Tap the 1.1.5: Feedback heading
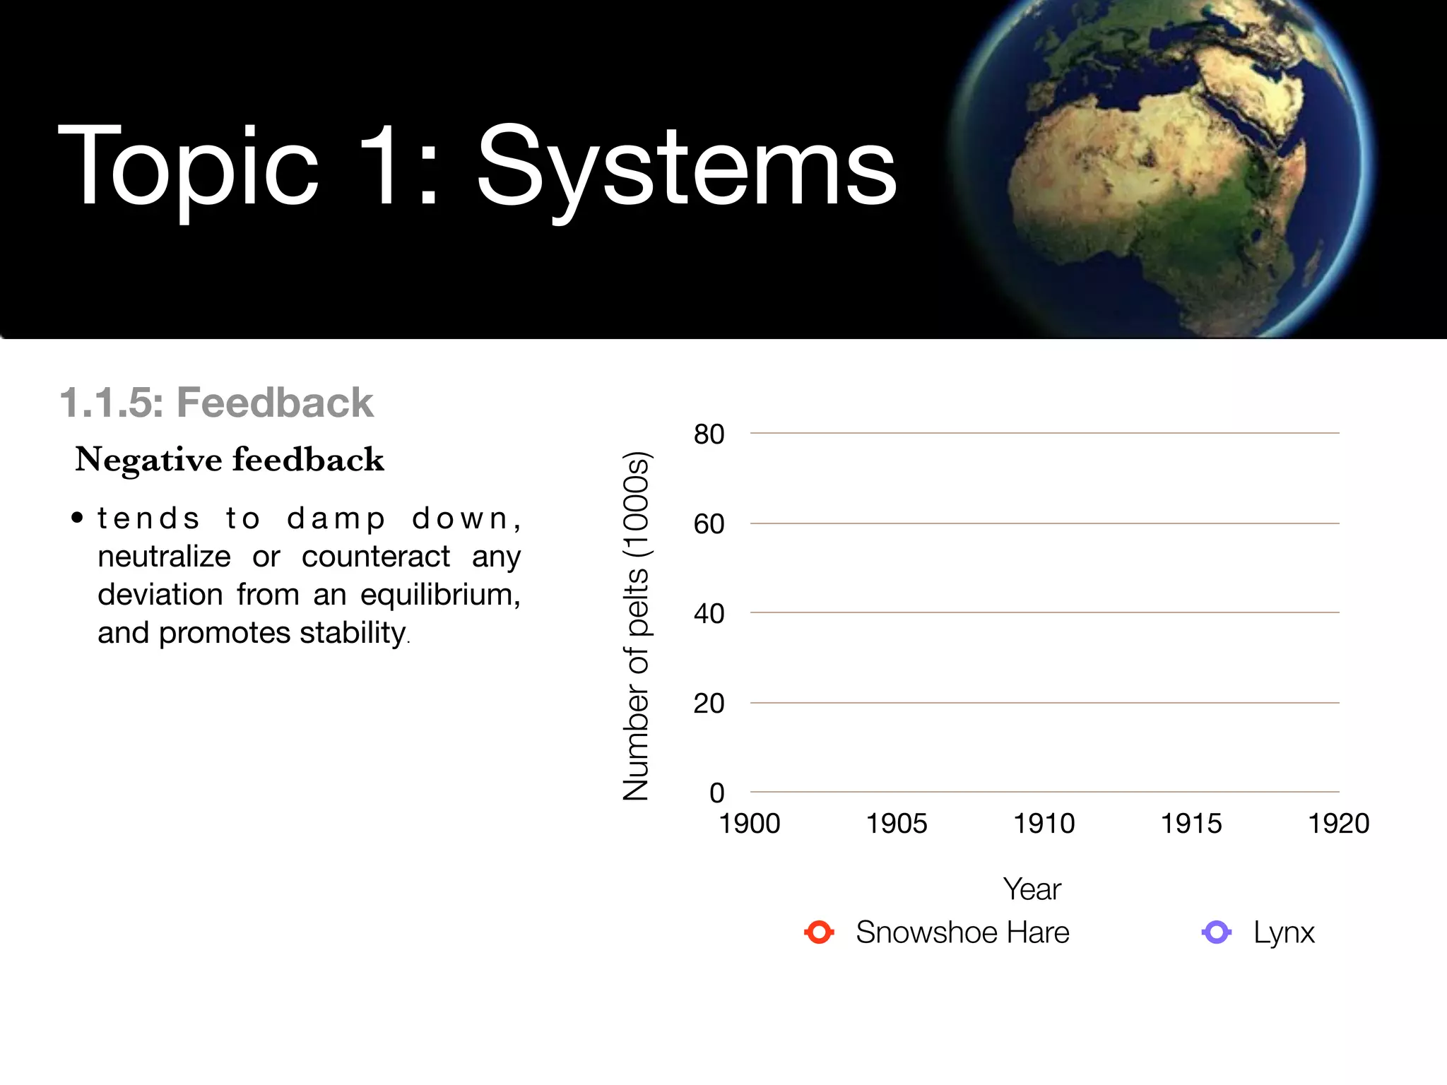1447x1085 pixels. click(x=216, y=403)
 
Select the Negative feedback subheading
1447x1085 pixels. click(x=230, y=460)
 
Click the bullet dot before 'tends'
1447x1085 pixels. click(x=78, y=518)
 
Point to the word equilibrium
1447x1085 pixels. click(x=439, y=595)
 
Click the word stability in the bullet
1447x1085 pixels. click(x=353, y=632)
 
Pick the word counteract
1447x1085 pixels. click(x=375, y=557)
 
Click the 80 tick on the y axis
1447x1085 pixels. click(x=709, y=434)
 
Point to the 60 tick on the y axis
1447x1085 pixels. click(x=709, y=524)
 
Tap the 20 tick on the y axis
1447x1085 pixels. click(x=709, y=704)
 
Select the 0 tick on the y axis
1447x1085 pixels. click(x=716, y=793)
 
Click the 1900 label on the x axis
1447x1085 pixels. click(x=749, y=824)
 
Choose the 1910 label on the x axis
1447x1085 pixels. click(x=1044, y=824)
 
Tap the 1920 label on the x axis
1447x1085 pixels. click(x=1338, y=824)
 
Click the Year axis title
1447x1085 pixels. click(x=1032, y=889)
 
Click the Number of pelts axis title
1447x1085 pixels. click(x=636, y=625)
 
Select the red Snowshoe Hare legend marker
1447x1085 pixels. click(x=819, y=932)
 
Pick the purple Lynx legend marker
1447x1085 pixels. click(x=1216, y=932)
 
